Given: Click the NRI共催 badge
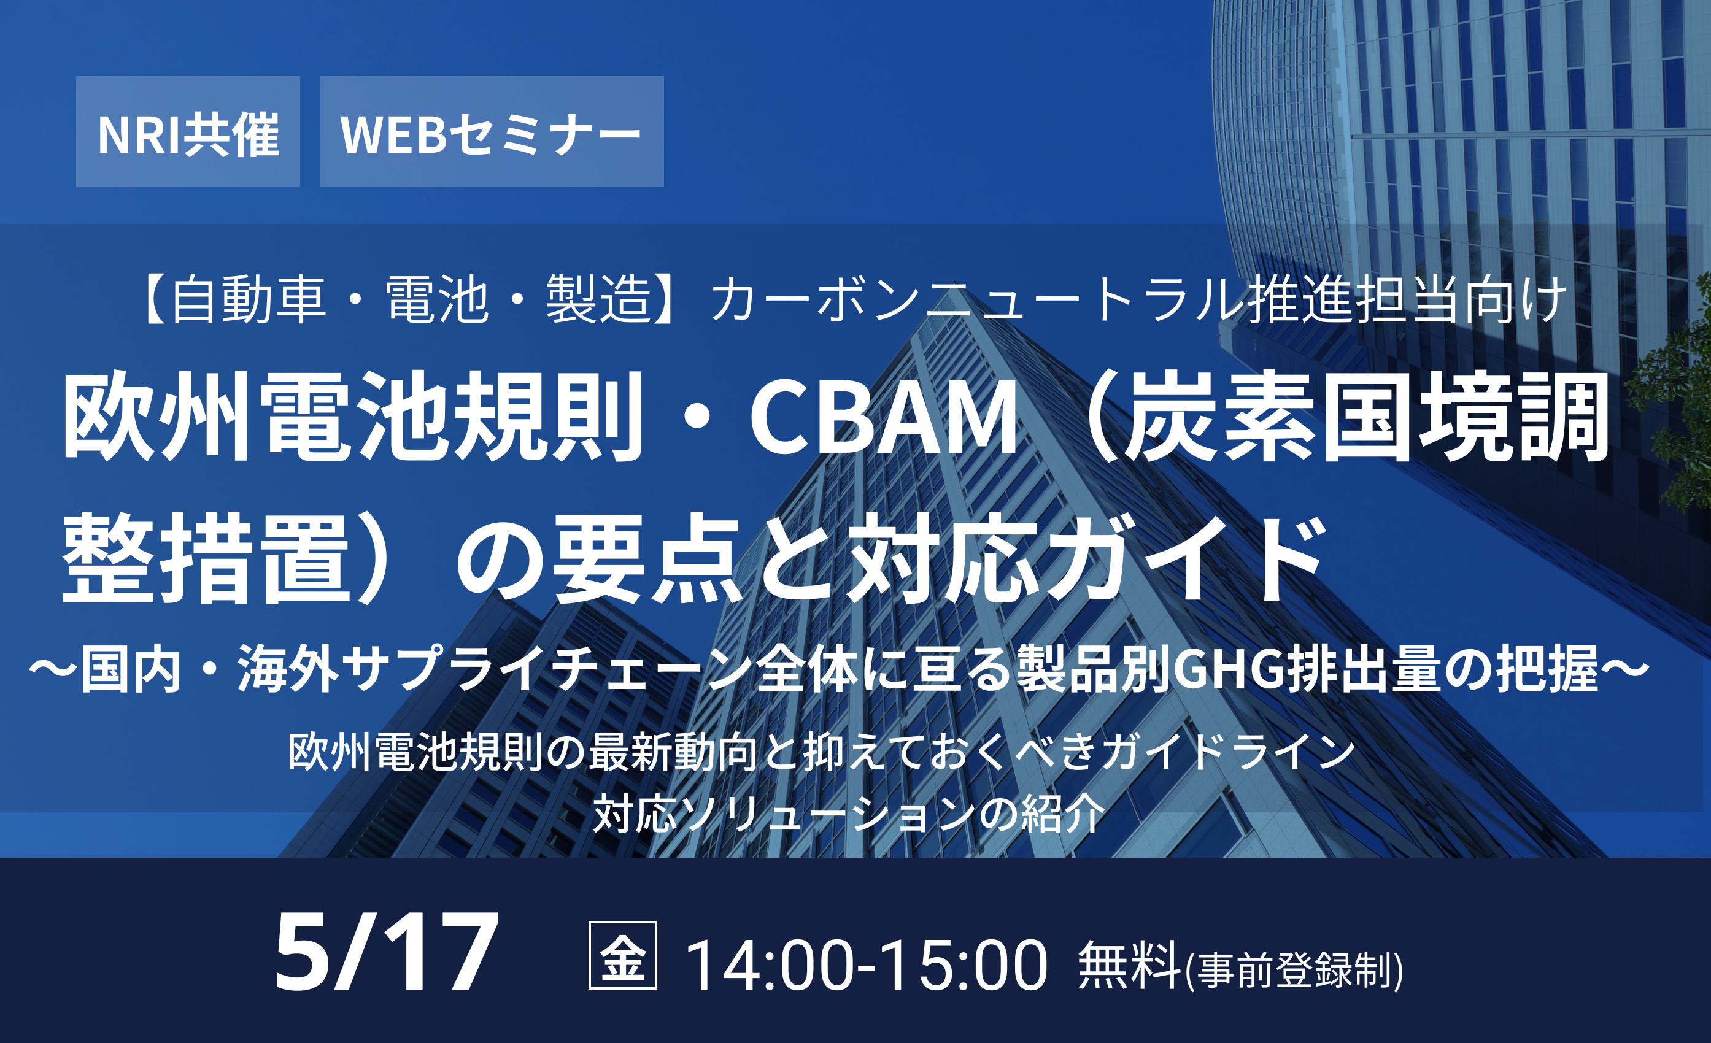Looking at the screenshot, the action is [188, 131].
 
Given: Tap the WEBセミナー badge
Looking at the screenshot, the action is [492, 131].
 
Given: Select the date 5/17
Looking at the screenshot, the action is [386, 952].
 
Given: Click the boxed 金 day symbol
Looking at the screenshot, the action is [622, 955].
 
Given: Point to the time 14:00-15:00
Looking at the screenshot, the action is [866, 964].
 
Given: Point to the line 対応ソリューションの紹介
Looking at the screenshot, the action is [849, 814].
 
